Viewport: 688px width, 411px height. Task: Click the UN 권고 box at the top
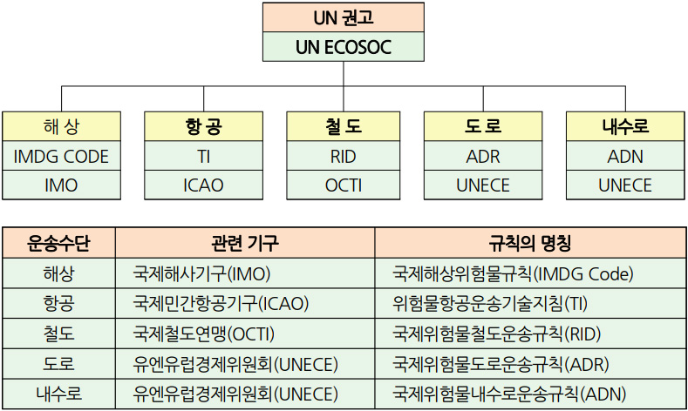pos(343,17)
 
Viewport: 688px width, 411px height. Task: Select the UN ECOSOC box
pos(343,46)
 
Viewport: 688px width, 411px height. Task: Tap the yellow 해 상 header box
pos(61,126)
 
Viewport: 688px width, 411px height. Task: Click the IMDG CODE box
pos(61,156)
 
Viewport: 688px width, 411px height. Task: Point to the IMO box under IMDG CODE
pos(61,185)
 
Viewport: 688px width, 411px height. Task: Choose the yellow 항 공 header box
pos(203,126)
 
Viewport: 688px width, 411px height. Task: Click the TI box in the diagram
pos(203,156)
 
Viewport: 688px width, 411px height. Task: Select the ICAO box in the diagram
pos(203,185)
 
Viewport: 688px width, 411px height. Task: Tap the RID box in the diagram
pos(343,156)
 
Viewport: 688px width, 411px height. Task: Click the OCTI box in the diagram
pos(343,185)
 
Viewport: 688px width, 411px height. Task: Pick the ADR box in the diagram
pos(483,156)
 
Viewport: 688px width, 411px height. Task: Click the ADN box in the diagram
pos(625,156)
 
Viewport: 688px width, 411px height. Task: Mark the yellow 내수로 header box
pos(625,126)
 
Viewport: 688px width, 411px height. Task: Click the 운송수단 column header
pos(58,242)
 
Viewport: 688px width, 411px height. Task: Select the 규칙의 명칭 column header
pos(530,242)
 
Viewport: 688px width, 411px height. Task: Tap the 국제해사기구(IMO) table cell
pos(245,273)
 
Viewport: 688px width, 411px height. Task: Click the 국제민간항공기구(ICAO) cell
pos(245,303)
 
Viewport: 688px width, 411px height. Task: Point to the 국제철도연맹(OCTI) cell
pos(245,334)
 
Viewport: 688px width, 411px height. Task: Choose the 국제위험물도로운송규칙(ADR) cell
pos(530,364)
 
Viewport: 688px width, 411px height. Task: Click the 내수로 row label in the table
pos(58,394)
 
